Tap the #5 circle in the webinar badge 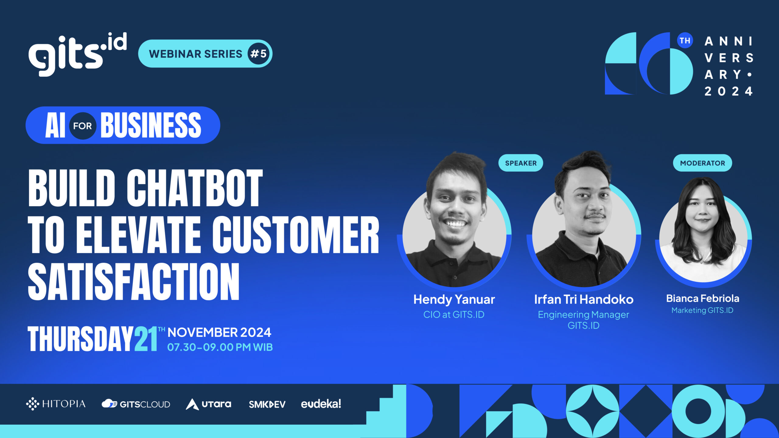[258, 54]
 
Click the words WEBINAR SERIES [195, 54]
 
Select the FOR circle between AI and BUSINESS [82, 126]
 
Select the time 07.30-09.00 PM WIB [220, 347]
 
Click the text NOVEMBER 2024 [219, 332]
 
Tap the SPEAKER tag [521, 163]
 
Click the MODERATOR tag [702, 163]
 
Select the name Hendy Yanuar [454, 300]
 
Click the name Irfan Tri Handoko [584, 300]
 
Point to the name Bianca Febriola [703, 298]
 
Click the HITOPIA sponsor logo [56, 404]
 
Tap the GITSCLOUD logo [136, 404]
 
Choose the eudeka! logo [321, 404]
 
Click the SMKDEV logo [267, 404]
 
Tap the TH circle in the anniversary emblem [685, 41]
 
